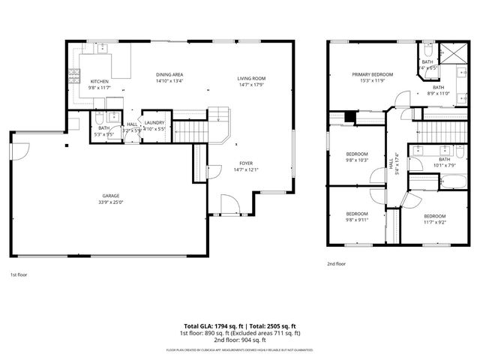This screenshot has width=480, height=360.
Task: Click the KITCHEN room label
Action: pos(100,82)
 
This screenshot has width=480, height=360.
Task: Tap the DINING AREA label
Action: pos(170,74)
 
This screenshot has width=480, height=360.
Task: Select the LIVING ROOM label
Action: pos(251,78)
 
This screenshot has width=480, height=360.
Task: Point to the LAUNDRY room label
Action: pos(155,122)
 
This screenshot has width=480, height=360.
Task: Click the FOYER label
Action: pos(247,163)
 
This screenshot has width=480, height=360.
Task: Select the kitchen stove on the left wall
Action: pos(73,75)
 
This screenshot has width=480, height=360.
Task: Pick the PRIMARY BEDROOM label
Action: pos(373,74)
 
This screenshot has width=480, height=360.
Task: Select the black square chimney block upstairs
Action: pos(349,116)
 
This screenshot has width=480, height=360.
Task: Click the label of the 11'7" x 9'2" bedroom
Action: pos(435,215)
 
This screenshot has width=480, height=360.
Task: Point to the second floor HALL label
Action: pos(391,160)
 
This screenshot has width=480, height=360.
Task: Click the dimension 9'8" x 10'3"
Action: pos(357,160)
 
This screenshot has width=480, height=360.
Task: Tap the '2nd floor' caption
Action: pos(337,264)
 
